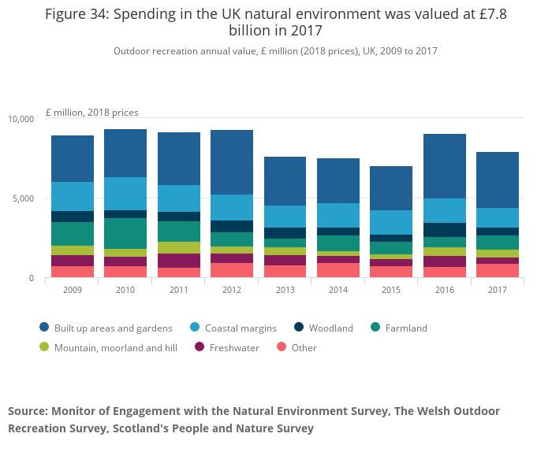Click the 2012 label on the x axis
[x=232, y=290]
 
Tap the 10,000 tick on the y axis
[x=21, y=119]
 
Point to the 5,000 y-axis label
[x=24, y=198]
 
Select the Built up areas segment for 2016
[x=445, y=166]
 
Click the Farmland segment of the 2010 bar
[x=125, y=233]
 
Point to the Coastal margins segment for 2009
[x=73, y=196]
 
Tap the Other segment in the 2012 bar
[x=232, y=270]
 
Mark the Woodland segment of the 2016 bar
[x=445, y=230]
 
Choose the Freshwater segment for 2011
[x=179, y=261]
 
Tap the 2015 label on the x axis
[x=391, y=290]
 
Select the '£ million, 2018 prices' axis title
[x=91, y=113]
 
